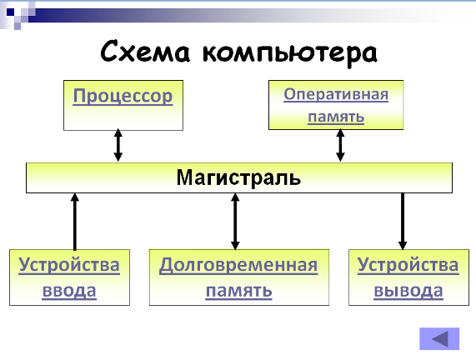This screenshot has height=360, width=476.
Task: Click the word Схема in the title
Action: point(145,51)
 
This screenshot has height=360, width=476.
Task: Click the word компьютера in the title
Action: point(290,53)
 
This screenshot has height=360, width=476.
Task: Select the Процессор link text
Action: point(123,96)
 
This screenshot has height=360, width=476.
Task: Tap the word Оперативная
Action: point(336,95)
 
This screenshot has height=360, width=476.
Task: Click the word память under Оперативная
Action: point(336,117)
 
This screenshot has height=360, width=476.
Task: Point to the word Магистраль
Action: point(238,177)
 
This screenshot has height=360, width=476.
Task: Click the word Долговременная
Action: point(238,265)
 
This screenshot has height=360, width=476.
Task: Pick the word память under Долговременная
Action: point(238,291)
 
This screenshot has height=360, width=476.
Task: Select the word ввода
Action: point(69,291)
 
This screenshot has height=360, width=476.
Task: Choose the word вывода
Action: point(408,291)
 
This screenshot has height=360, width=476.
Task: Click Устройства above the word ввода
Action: point(69,265)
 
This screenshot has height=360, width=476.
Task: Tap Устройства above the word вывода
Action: point(408,265)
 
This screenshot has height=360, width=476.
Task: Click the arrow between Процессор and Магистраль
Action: point(118,145)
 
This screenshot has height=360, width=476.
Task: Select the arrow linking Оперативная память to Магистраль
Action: point(340,145)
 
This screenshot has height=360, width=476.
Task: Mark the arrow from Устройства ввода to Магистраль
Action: point(75,222)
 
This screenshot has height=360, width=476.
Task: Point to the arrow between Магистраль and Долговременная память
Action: point(235,222)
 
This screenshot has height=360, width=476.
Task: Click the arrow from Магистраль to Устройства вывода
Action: point(403,222)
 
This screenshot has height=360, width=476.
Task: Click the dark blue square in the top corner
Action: point(11,12)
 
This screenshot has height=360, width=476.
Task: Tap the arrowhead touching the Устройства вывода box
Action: point(403,245)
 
